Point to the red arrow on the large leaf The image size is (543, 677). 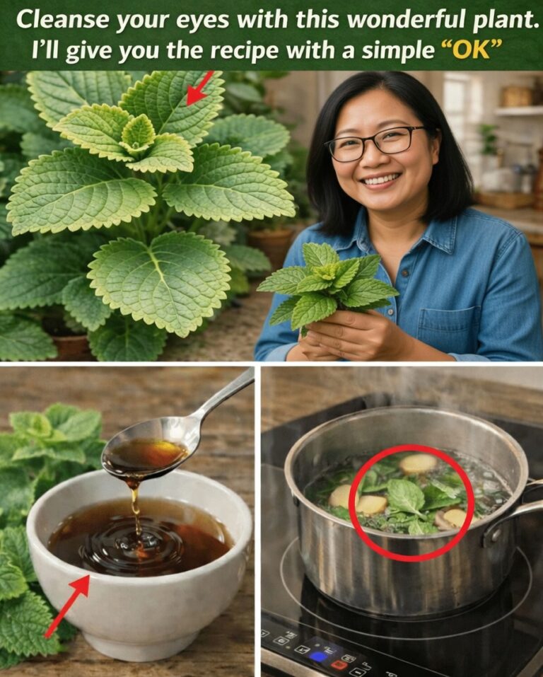point(200,88)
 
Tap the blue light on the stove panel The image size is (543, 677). point(319,656)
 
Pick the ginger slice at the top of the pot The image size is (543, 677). point(418,463)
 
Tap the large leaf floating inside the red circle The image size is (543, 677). point(405,497)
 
